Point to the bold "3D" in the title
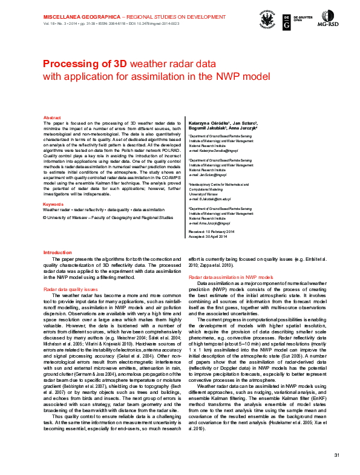click(x=117, y=64)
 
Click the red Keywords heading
click(x=53, y=205)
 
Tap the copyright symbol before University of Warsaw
click(x=45, y=217)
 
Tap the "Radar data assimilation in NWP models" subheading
click(x=227, y=293)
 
